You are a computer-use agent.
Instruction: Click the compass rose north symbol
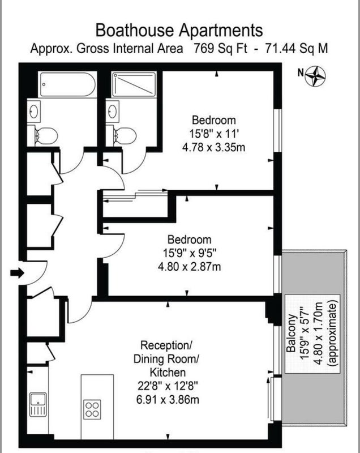[x=315, y=76]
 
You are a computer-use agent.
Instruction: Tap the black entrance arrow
[x=17, y=272]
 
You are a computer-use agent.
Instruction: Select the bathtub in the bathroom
[x=68, y=84]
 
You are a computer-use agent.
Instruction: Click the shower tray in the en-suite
[x=134, y=84]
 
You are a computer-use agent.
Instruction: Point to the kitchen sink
[x=38, y=404]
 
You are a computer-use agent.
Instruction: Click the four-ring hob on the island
[x=92, y=409]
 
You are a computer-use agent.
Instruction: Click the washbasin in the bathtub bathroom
[x=34, y=111]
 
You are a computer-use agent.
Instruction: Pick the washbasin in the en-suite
[x=113, y=111]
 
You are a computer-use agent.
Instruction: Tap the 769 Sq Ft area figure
[x=220, y=48]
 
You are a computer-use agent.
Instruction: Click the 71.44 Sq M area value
[x=296, y=48]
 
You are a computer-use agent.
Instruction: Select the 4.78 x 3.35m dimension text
[x=213, y=147]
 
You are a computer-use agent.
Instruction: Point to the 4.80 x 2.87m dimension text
[x=190, y=266]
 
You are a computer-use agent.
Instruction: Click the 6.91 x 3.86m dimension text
[x=168, y=400]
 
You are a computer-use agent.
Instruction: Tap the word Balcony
[x=291, y=333]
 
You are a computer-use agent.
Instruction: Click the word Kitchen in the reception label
[x=168, y=373]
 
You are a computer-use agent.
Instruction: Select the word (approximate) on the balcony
[x=333, y=334]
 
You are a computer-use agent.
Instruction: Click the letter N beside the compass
[x=301, y=73]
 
